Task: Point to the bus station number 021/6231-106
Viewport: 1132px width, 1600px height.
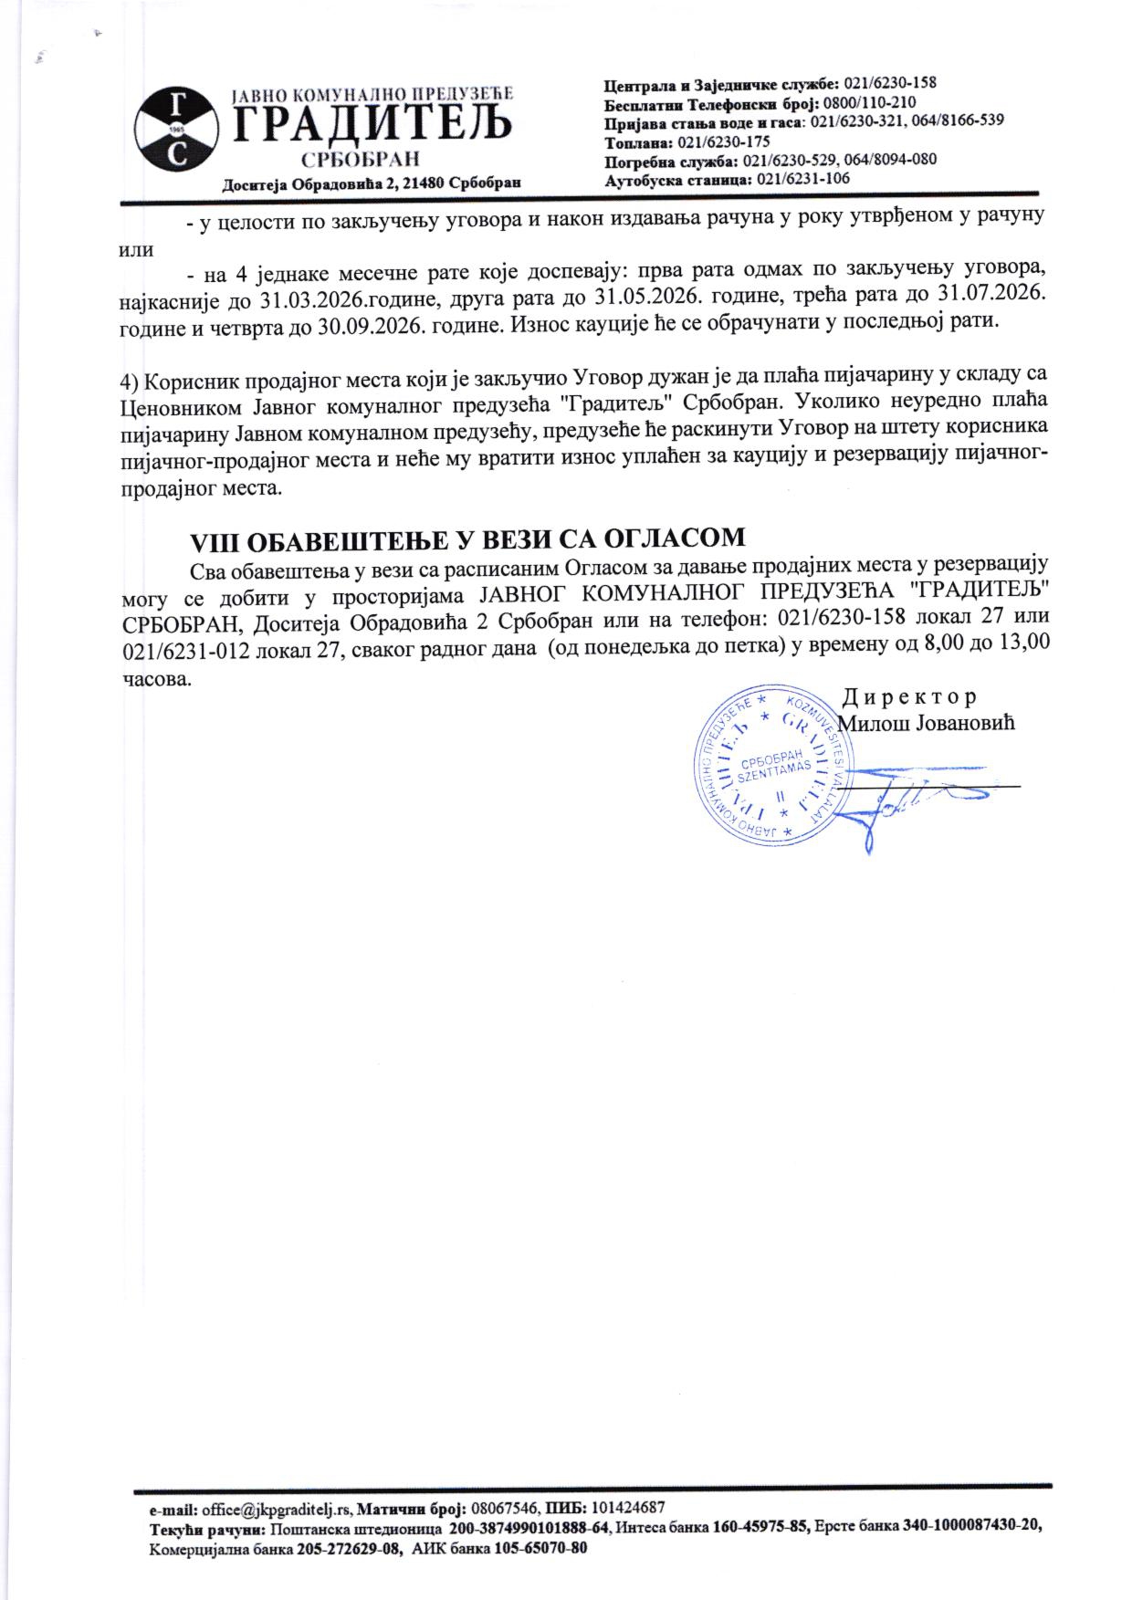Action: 802,179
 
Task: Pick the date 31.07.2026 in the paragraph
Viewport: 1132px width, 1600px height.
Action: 991,297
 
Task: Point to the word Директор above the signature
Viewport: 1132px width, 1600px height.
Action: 908,697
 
